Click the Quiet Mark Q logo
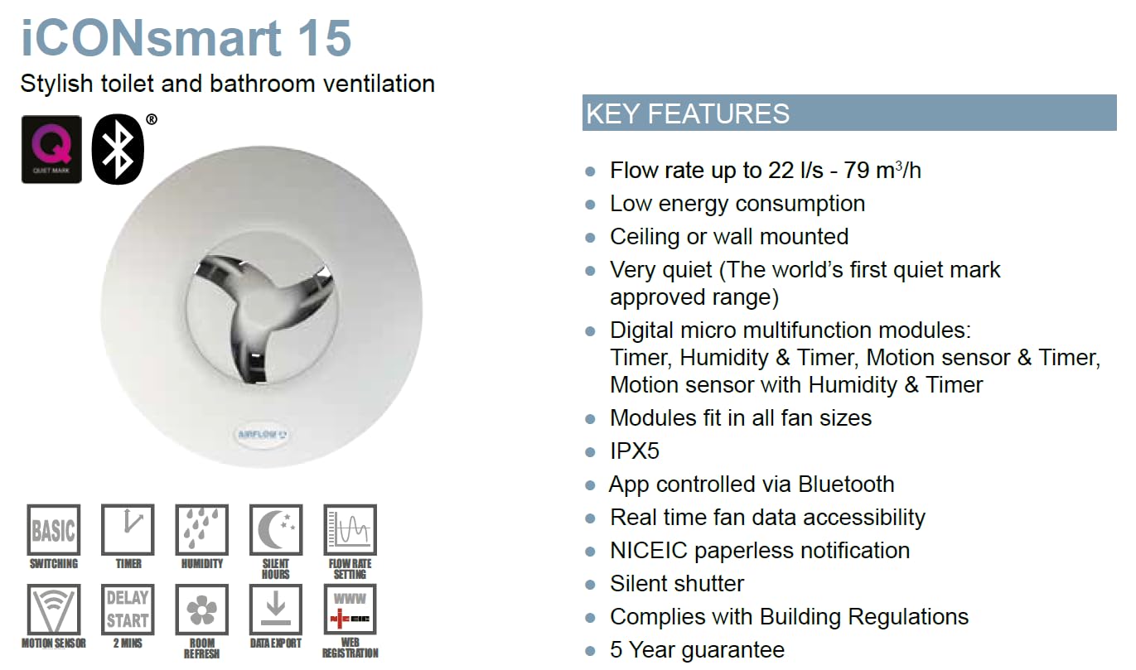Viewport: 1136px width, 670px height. [x=51, y=149]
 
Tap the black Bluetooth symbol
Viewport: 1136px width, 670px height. [x=118, y=149]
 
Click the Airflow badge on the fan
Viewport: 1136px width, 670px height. [x=262, y=434]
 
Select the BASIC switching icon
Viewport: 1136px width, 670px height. [x=53, y=529]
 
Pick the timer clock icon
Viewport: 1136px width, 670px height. [x=128, y=529]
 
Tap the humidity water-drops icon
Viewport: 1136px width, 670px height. [x=202, y=529]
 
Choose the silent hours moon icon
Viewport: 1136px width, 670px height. [x=276, y=529]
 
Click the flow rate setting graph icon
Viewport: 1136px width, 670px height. [x=350, y=529]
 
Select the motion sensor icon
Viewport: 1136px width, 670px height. [x=53, y=610]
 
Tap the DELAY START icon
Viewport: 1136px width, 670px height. [x=128, y=610]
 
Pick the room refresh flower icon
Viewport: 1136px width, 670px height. [x=202, y=610]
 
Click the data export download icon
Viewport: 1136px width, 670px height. [x=276, y=610]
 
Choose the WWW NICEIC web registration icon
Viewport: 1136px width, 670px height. [x=350, y=610]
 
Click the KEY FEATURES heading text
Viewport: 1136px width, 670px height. [x=688, y=113]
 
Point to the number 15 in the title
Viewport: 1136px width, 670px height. [x=325, y=38]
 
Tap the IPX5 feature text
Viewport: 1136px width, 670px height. [x=635, y=451]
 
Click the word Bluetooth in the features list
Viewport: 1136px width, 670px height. [x=846, y=484]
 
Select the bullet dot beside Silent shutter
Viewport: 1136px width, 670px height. [x=590, y=585]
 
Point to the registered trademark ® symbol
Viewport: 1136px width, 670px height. [x=151, y=119]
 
